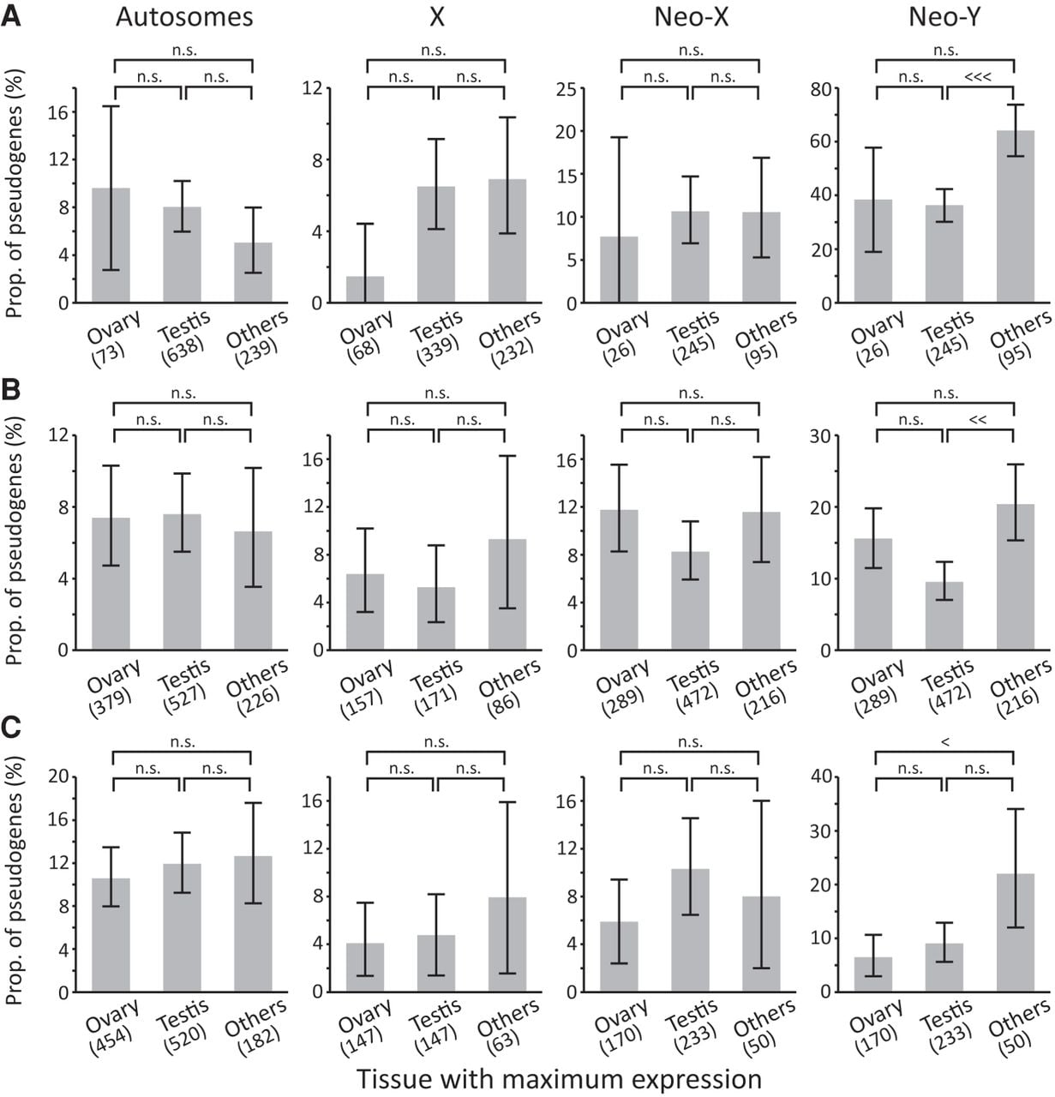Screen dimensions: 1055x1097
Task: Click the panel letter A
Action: click(x=11, y=16)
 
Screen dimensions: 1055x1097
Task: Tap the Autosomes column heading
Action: click(x=184, y=17)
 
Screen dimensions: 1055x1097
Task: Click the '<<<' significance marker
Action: click(x=978, y=76)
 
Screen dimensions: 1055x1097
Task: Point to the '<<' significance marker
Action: click(x=978, y=419)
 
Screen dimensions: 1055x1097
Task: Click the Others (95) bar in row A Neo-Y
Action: click(x=1015, y=217)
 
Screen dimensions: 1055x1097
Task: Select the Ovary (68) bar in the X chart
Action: click(x=365, y=290)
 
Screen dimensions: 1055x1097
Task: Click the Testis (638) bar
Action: click(x=183, y=255)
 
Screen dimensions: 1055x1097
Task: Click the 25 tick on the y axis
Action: click(x=566, y=89)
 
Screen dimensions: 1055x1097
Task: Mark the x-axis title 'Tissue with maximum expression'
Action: click(x=559, y=1079)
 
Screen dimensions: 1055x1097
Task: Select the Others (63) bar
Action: click(x=507, y=944)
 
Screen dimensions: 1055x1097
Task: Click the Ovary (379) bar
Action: click(x=111, y=584)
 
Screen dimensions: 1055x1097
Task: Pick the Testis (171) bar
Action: click(x=436, y=619)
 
